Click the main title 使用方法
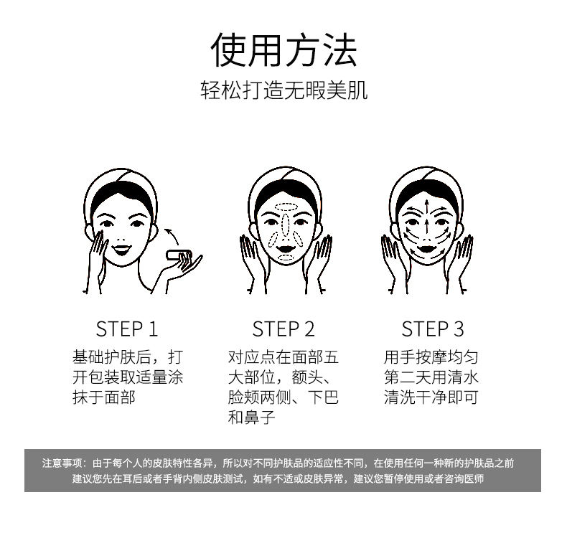tap(283, 50)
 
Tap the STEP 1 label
tap(126, 329)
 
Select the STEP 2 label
tap(283, 329)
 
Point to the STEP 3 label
tap(433, 329)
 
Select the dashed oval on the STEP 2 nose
tap(285, 227)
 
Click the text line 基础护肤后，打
tap(127, 357)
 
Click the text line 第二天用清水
tap(431, 377)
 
